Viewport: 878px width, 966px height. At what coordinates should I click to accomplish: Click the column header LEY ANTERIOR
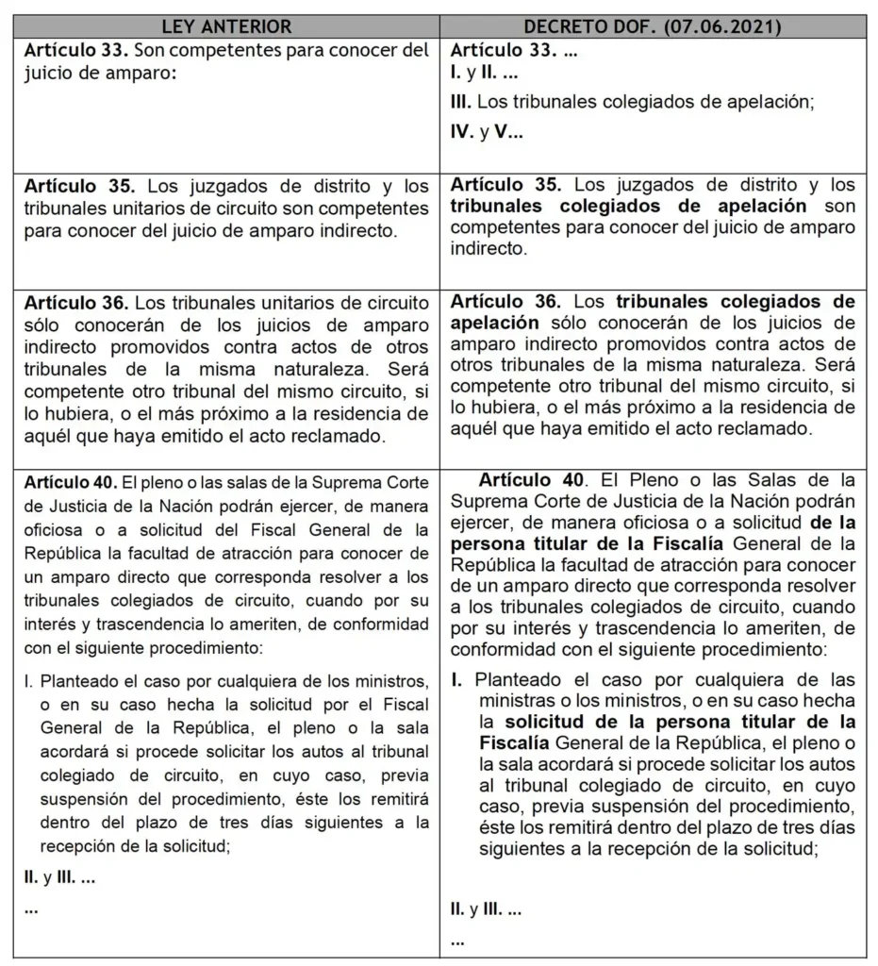pos(226,26)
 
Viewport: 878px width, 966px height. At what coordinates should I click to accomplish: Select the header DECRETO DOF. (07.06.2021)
pos(654,26)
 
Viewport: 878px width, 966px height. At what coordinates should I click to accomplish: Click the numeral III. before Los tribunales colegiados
pos(461,101)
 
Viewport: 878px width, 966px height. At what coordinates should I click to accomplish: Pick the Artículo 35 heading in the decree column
pos(505,185)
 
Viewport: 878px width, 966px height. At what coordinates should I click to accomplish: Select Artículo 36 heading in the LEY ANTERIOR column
pos(74,303)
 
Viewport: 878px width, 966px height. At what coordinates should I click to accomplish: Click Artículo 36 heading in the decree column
pos(505,303)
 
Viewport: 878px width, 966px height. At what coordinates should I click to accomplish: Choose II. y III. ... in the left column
pos(58,877)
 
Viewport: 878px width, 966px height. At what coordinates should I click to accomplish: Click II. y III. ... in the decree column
pos(487,910)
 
